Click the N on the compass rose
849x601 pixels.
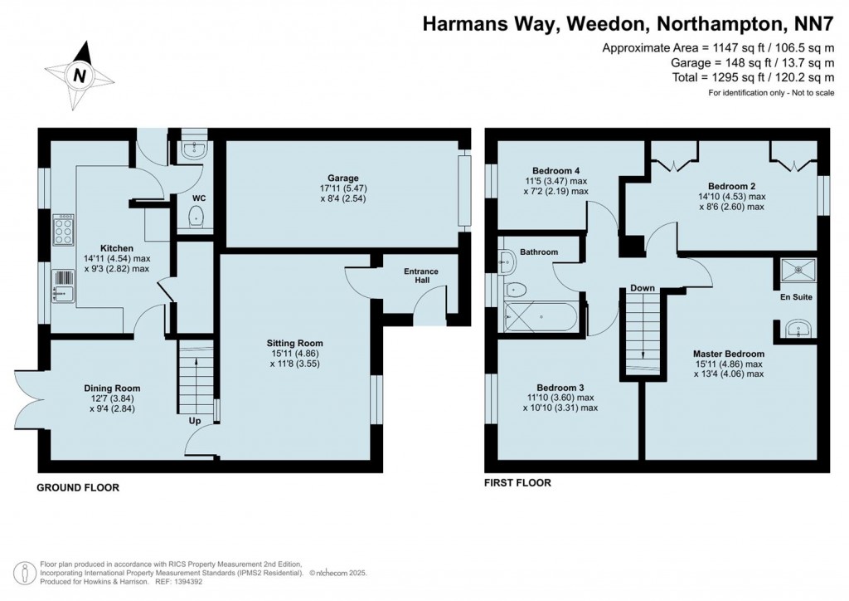click(x=80, y=76)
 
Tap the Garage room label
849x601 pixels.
click(x=342, y=178)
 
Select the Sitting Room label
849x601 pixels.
click(x=294, y=343)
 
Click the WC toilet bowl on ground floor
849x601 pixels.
click(x=196, y=217)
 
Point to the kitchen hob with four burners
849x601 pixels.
click(x=64, y=230)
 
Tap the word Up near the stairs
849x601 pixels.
click(x=196, y=421)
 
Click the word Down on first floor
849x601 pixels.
click(x=643, y=288)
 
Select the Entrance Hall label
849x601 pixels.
click(x=421, y=276)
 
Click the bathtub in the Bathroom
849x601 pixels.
click(x=542, y=316)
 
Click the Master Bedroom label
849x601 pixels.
click(x=729, y=354)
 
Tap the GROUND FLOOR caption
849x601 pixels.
click(x=78, y=488)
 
